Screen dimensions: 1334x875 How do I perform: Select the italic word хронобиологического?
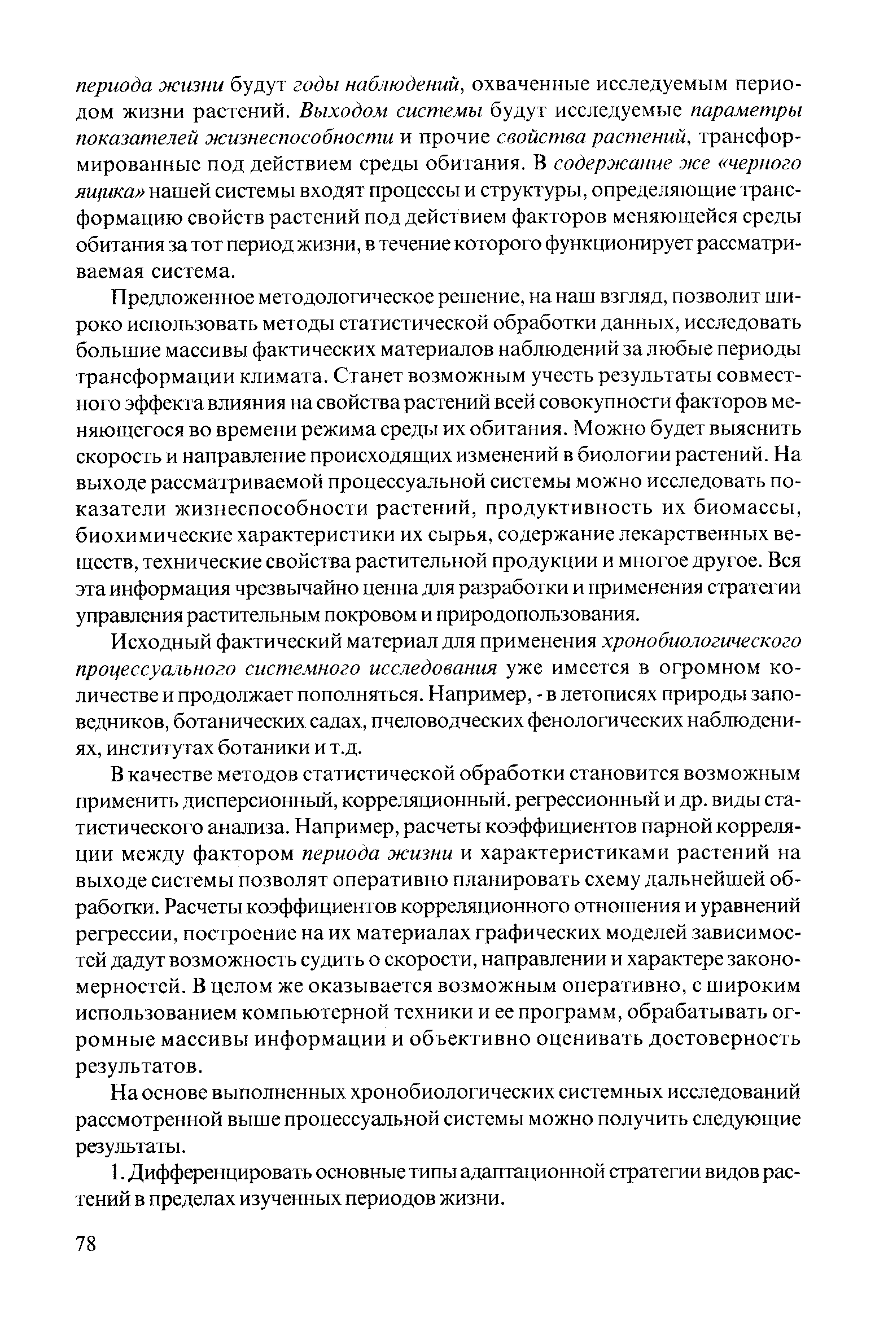pos(702,642)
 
